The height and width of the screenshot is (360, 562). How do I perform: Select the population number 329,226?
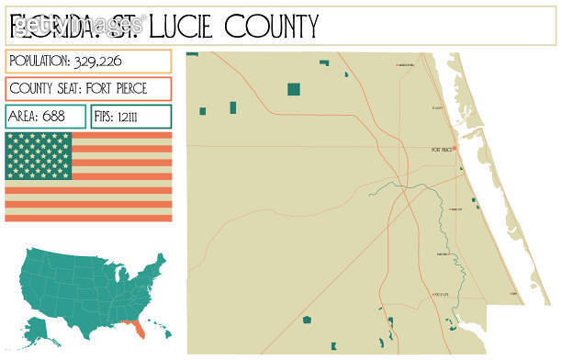tap(105, 62)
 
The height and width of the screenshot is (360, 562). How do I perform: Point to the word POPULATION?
tap(39, 62)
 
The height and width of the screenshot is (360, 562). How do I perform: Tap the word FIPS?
tap(109, 118)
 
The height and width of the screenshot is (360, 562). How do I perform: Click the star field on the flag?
tap(38, 156)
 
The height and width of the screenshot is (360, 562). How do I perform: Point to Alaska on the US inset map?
tap(38, 324)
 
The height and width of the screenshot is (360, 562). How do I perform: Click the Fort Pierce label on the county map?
tap(441, 149)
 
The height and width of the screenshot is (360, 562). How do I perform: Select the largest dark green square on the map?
tap(294, 89)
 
